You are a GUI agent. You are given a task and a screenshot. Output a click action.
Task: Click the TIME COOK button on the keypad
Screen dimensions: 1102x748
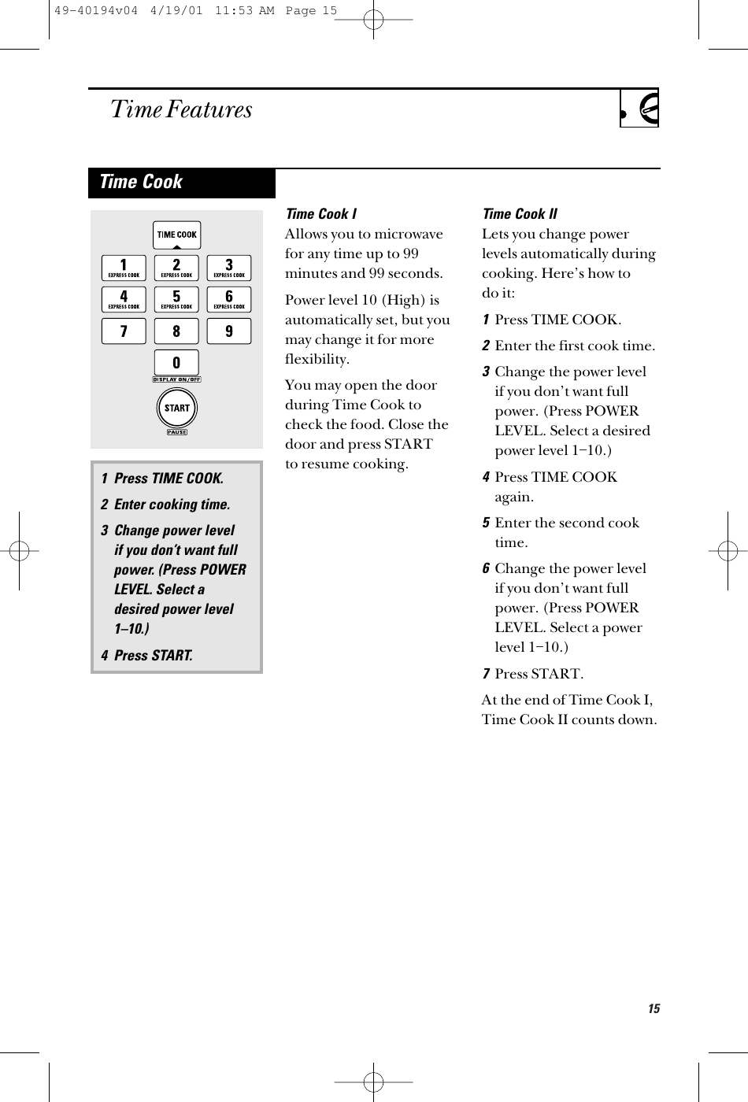click(x=176, y=235)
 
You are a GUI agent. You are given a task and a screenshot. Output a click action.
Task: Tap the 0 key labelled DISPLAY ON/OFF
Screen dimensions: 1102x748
click(x=176, y=364)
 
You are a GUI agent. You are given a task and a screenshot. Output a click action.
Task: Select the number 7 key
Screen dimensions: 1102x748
click(x=124, y=331)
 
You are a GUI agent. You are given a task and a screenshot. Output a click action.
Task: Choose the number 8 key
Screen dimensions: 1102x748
click(x=176, y=331)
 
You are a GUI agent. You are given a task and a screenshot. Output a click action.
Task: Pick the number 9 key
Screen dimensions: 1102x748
click(x=229, y=331)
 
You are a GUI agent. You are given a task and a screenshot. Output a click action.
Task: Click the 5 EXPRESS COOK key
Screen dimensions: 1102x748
click(x=176, y=299)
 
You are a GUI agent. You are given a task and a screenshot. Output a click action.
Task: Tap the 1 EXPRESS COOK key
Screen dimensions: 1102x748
click(x=124, y=267)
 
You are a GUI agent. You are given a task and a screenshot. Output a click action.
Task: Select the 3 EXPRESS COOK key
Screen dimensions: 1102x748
click(x=229, y=267)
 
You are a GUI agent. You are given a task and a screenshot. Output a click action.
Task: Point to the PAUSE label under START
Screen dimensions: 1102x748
click(x=176, y=432)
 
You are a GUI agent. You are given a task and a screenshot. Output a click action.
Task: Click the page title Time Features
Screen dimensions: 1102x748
click(x=182, y=109)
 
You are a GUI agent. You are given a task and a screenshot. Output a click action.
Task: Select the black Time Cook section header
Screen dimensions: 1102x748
click(x=182, y=183)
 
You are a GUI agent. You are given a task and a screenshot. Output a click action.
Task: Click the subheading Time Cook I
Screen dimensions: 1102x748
click(x=320, y=214)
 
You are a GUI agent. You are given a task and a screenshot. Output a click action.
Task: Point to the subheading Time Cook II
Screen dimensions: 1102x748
click(x=519, y=214)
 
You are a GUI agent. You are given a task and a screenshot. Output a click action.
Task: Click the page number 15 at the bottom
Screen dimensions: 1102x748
click(x=654, y=1009)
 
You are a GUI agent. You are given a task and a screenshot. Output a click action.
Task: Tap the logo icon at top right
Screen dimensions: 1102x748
click(x=639, y=109)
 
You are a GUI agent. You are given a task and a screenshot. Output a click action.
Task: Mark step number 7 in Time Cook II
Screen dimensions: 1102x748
click(x=487, y=674)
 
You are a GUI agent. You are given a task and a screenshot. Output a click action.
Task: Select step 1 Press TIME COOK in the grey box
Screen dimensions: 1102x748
click(x=161, y=479)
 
